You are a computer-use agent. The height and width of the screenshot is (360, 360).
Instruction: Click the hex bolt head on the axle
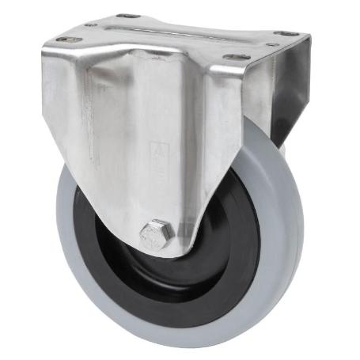[x=157, y=234]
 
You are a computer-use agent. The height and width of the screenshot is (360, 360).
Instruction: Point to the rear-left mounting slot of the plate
[x=126, y=15]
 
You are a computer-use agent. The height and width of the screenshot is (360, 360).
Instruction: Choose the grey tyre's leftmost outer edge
[x=57, y=237]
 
